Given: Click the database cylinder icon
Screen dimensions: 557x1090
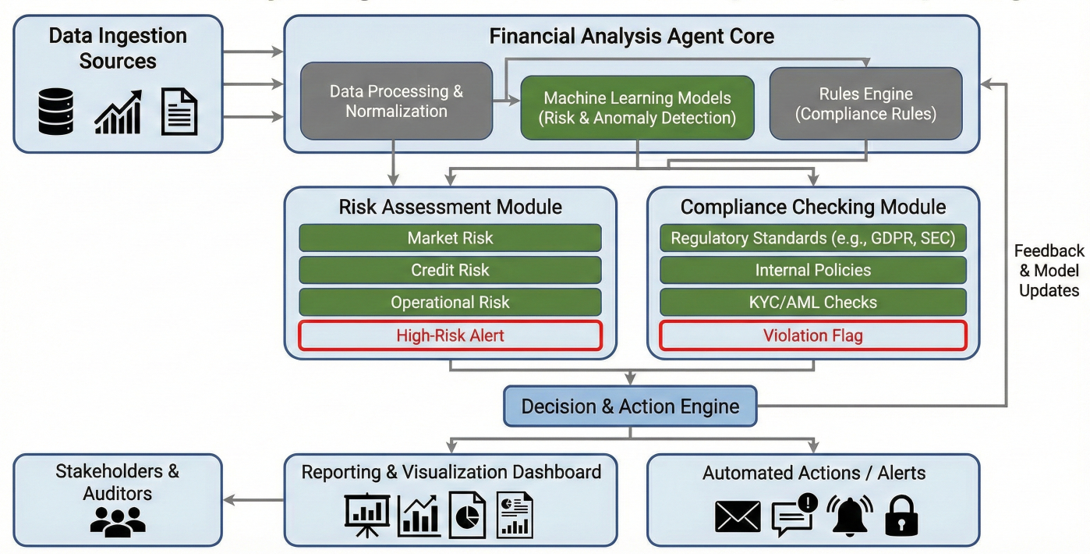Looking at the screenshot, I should tap(55, 111).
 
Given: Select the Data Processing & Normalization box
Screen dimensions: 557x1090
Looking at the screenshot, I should tap(396, 101).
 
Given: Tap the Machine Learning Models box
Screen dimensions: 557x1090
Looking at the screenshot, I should tap(638, 108).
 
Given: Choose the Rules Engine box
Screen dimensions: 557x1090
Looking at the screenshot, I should tap(865, 104).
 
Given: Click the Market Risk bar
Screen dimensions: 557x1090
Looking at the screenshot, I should tap(450, 238).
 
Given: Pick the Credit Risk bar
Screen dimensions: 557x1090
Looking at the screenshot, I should tap(450, 270).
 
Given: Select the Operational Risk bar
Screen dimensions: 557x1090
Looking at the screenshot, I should tap(450, 302).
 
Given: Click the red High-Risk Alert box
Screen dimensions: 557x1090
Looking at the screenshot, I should tap(450, 335).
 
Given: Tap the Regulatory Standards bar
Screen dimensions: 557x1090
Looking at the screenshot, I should tap(812, 238).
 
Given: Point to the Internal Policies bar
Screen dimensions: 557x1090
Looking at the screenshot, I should tap(812, 270).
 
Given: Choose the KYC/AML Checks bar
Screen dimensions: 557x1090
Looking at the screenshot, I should tap(812, 302).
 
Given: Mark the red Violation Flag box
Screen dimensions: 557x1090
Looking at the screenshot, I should tap(812, 335).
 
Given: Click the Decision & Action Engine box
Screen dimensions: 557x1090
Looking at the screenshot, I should tap(630, 406).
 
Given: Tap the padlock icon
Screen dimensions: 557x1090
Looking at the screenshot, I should tap(901, 516).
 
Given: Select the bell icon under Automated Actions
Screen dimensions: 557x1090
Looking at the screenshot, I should tap(849, 516).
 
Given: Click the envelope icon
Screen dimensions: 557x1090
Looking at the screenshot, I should tap(738, 516).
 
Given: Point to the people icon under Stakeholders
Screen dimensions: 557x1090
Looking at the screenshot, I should tap(118, 520).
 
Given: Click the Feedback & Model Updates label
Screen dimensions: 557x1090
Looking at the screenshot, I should tap(1049, 271).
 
